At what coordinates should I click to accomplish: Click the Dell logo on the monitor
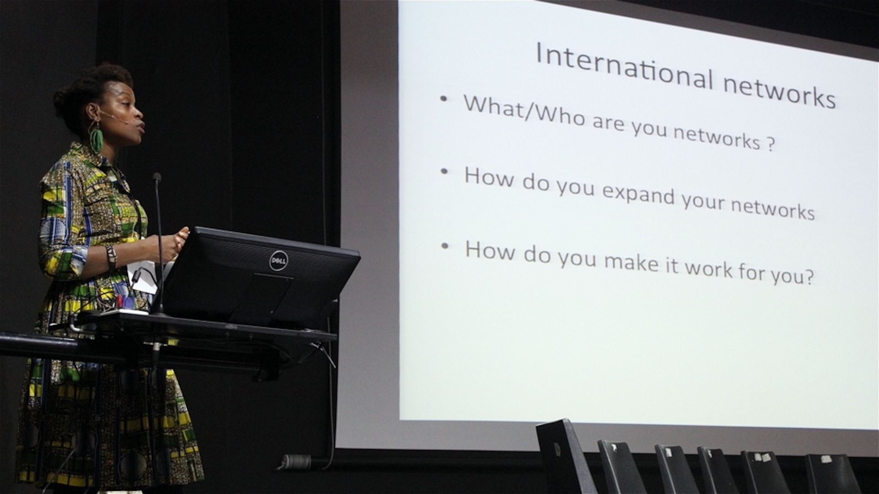pyautogui.click(x=278, y=261)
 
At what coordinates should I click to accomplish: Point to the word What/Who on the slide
pyautogui.click(x=525, y=110)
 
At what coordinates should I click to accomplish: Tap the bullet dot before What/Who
pyautogui.click(x=443, y=98)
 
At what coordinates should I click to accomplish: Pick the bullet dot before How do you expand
pyautogui.click(x=444, y=172)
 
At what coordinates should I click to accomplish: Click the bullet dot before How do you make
pyautogui.click(x=445, y=246)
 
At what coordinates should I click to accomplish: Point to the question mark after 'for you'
pyautogui.click(x=809, y=276)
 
